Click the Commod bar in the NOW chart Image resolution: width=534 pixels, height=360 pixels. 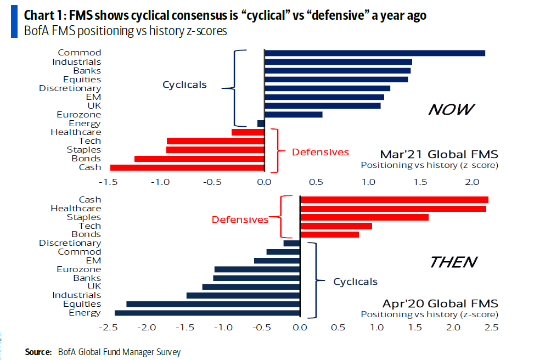(374, 53)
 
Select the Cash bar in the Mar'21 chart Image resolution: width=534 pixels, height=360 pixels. (187, 167)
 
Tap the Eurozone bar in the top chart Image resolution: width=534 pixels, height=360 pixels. (293, 115)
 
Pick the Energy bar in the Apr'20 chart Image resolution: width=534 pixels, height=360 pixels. (207, 313)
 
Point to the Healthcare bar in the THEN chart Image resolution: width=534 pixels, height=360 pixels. (392, 209)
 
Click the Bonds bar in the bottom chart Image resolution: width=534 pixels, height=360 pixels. (329, 235)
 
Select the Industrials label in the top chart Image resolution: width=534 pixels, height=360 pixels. (77, 61)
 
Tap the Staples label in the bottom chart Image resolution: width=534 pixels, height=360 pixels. (84, 217)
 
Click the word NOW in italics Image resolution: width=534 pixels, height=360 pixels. (450, 110)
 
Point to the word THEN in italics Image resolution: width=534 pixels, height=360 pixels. (453, 262)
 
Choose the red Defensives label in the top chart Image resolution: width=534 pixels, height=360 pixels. (321, 152)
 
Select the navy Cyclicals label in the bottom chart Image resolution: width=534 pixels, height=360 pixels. (356, 282)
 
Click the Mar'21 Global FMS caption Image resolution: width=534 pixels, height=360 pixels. (439, 154)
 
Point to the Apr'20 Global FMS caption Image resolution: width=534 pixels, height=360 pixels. (440, 303)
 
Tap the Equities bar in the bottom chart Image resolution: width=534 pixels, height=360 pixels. (213, 304)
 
